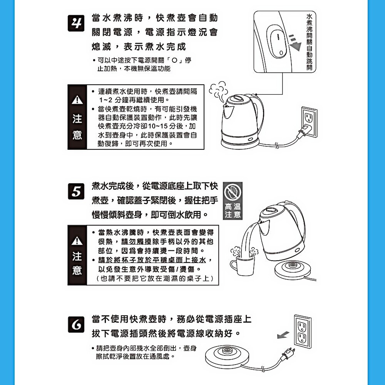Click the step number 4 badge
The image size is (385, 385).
click(x=76, y=23)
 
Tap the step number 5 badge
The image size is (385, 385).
click(x=76, y=191)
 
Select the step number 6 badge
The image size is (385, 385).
click(x=76, y=325)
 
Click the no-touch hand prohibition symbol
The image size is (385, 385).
click(x=233, y=192)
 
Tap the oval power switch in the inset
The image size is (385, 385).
click(x=278, y=42)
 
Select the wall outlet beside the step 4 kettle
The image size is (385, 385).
click(x=309, y=122)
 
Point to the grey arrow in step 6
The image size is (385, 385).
click(x=283, y=335)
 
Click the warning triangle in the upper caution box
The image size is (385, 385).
click(x=77, y=100)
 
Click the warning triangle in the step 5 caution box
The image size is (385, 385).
click(x=77, y=241)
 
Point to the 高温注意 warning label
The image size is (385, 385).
click(x=233, y=211)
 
